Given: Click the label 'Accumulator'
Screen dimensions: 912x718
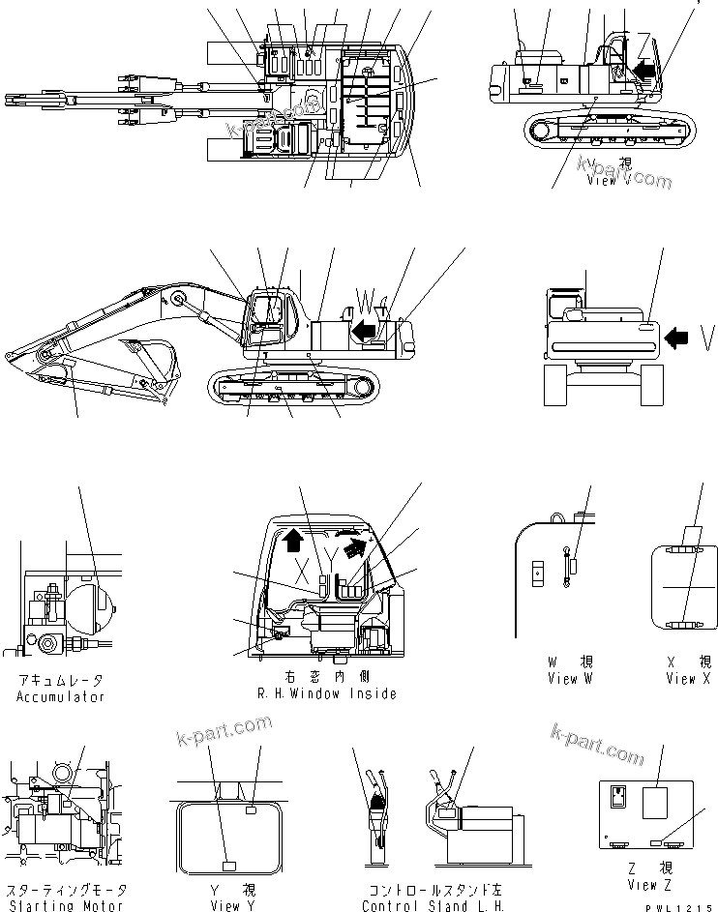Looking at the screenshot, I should (60, 696).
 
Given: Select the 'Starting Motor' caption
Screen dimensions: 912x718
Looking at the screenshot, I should (65, 905).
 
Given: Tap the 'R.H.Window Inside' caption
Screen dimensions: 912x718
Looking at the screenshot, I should (326, 694).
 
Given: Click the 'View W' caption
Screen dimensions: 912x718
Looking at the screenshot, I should (576, 679).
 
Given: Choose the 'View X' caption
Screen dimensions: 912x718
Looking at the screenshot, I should (687, 679).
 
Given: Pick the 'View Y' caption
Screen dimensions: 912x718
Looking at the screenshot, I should (231, 905).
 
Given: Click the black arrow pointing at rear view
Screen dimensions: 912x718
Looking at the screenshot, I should (679, 336).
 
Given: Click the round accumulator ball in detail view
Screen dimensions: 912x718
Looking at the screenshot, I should (95, 600).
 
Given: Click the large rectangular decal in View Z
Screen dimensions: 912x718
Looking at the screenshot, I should (655, 805).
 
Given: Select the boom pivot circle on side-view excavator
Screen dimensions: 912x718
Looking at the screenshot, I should (178, 301).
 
